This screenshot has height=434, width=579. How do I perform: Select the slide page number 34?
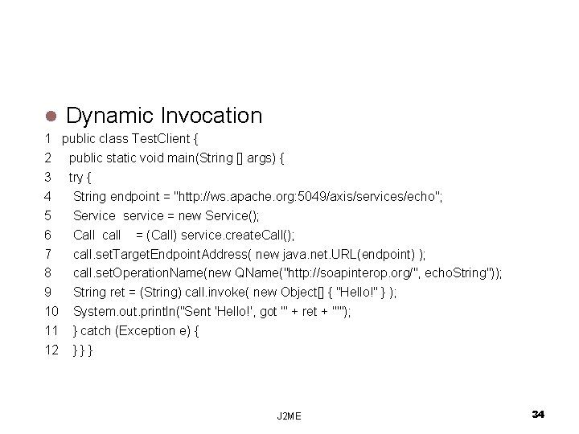(538, 413)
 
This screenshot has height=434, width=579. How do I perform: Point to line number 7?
(47, 254)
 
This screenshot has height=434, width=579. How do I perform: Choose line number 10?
(51, 311)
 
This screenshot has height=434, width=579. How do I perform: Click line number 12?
(51, 350)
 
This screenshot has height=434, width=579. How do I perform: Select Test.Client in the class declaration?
(162, 137)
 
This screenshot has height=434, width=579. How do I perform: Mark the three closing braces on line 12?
(83, 350)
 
